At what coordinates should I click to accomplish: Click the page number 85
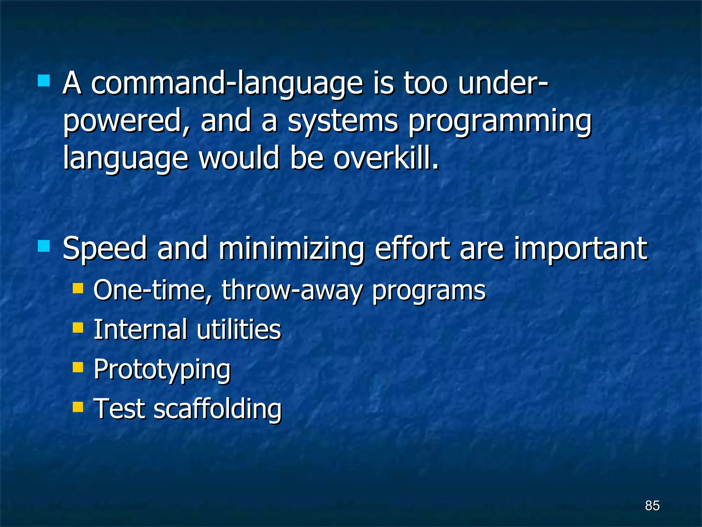652,505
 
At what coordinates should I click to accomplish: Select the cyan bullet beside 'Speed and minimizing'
44,246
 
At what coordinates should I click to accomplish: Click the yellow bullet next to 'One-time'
78,288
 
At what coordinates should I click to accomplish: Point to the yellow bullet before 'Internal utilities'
78,328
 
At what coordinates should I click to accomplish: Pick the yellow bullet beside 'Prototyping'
78,367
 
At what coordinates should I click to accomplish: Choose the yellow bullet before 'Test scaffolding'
78,407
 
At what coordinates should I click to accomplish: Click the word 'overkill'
386,159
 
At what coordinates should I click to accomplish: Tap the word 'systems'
343,121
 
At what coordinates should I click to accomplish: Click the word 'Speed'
105,249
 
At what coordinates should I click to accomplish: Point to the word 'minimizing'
291,249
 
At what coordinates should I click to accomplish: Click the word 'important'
580,249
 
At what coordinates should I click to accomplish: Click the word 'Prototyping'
162,370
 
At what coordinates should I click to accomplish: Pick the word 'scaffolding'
218,409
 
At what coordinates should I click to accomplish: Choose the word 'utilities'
239,329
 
